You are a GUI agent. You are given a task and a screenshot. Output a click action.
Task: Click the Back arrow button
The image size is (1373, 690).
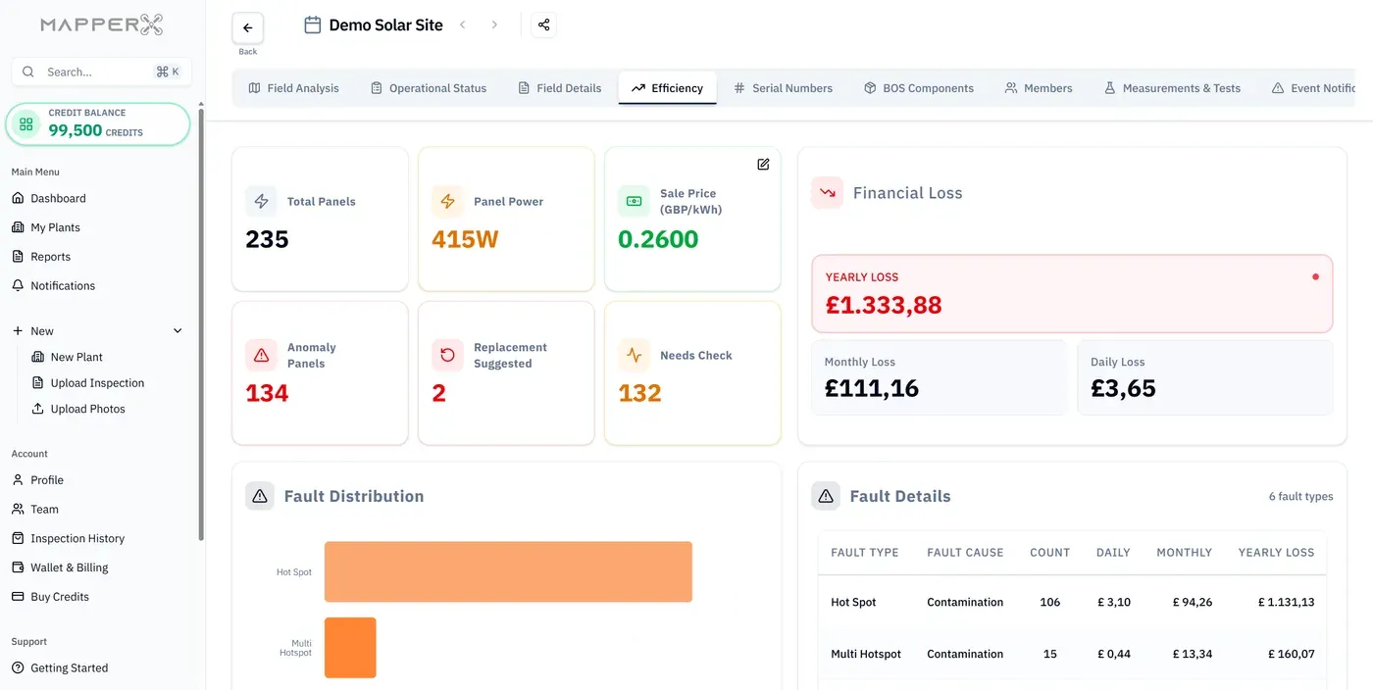click(247, 27)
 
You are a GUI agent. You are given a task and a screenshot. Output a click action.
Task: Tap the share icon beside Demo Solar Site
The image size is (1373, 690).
click(543, 25)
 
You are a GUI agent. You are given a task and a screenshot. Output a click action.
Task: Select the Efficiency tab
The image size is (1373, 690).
click(667, 88)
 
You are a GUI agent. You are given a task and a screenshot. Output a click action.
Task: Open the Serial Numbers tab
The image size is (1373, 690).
click(783, 88)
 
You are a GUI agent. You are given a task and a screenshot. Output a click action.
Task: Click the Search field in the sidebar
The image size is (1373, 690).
click(101, 72)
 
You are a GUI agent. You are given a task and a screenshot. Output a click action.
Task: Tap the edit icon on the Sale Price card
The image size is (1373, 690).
click(763, 165)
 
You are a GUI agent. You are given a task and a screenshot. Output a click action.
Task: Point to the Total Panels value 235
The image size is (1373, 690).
click(267, 239)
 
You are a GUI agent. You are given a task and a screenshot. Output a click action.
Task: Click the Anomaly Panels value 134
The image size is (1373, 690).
click(267, 393)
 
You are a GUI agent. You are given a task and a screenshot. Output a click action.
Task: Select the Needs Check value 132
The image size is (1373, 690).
click(639, 393)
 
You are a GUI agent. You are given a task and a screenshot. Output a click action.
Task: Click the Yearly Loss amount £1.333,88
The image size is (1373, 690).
click(884, 305)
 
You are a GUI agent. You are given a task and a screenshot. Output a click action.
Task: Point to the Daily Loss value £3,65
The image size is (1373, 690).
click(1123, 388)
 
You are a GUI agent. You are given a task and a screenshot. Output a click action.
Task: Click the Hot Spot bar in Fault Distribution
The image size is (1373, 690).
click(508, 571)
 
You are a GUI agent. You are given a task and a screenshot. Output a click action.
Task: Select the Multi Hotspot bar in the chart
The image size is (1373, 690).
click(350, 648)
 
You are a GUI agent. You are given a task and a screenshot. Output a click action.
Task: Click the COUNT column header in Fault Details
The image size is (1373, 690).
click(1049, 553)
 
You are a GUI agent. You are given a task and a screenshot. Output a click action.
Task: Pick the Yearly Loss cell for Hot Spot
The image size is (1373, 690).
click(1286, 603)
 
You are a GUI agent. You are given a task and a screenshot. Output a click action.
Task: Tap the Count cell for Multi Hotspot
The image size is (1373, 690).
click(1049, 654)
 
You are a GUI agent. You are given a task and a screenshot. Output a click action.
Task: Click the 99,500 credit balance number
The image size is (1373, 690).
click(75, 130)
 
